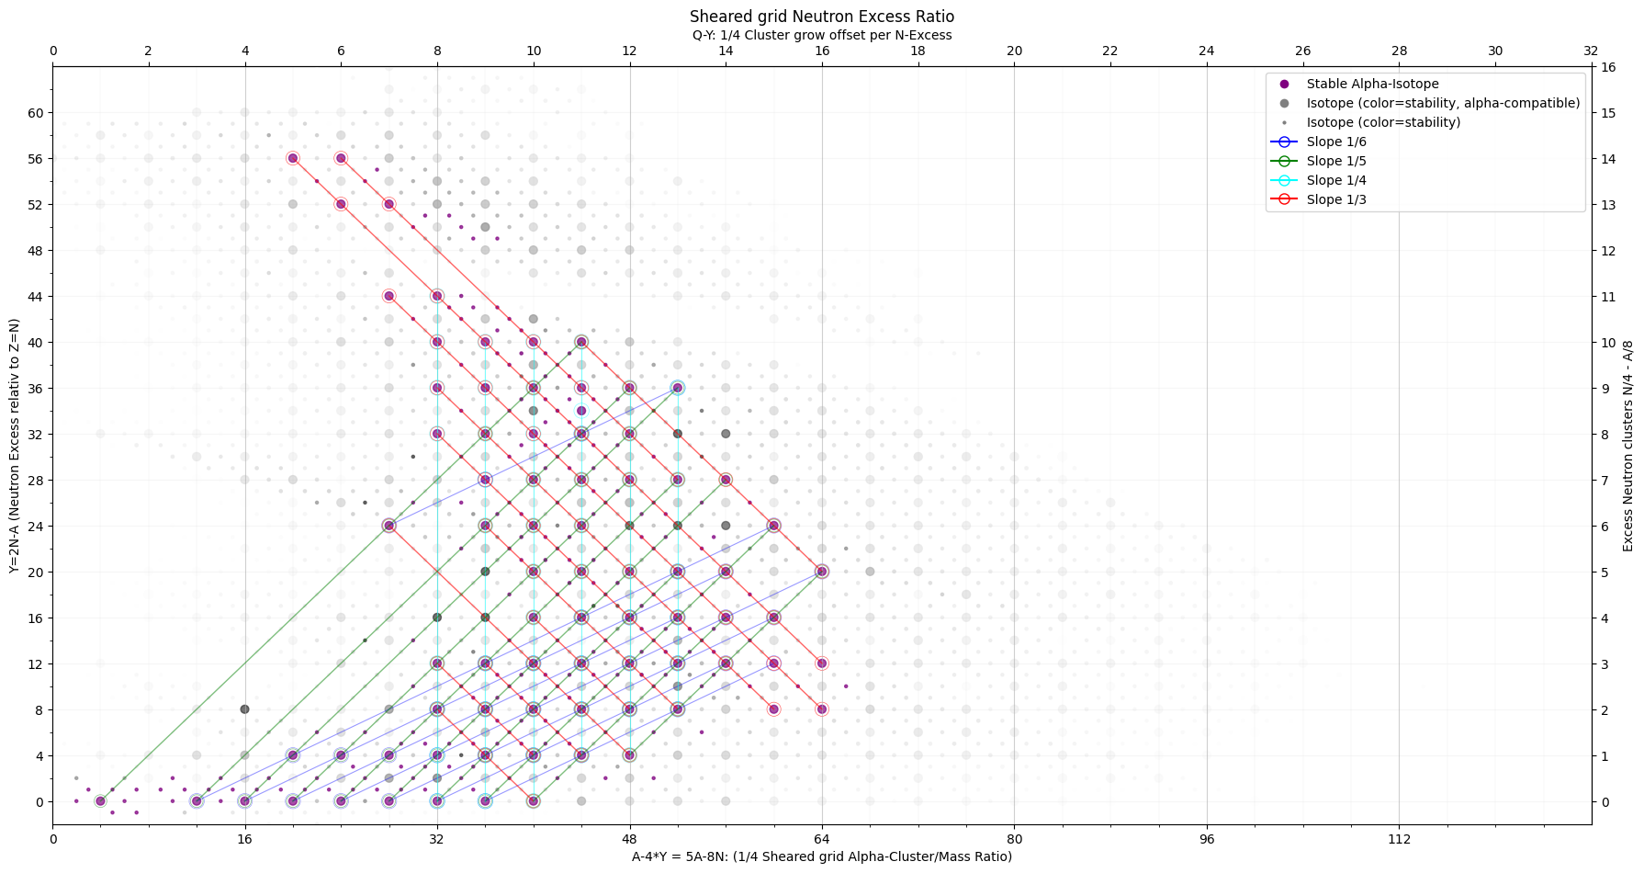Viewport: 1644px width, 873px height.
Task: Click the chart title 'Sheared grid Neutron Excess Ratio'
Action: [x=822, y=17]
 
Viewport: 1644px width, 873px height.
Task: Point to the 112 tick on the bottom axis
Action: [x=1399, y=838]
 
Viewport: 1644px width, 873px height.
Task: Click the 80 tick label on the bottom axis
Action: [x=1014, y=838]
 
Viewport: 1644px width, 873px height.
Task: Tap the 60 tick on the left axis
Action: [x=36, y=113]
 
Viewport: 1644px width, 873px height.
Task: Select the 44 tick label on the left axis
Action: [x=36, y=296]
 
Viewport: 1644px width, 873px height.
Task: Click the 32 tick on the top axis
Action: [x=1591, y=51]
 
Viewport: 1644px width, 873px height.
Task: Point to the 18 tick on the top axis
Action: [x=918, y=51]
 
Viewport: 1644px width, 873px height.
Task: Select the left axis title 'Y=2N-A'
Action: [x=15, y=446]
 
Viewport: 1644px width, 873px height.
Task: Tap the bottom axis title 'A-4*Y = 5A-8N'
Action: [x=822, y=856]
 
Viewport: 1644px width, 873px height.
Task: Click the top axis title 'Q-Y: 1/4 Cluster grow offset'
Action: [x=822, y=35]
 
